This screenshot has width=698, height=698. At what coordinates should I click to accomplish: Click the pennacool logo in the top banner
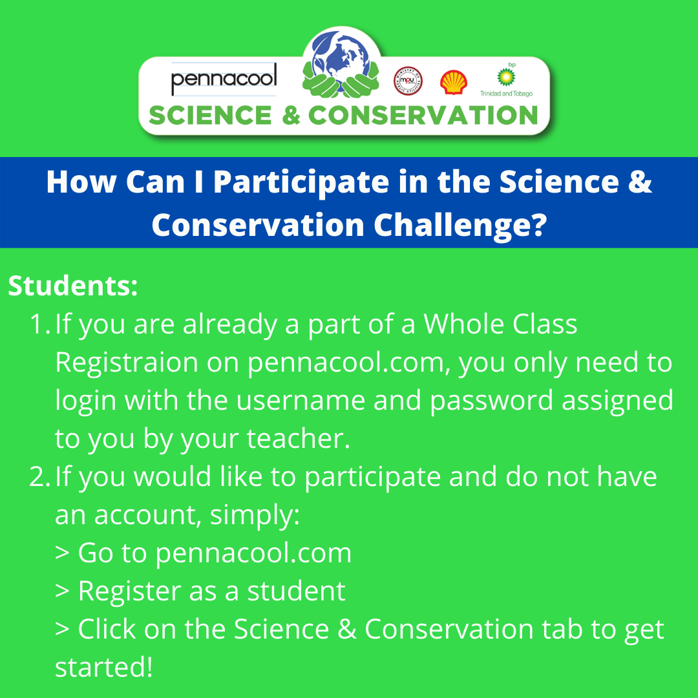coord(224,79)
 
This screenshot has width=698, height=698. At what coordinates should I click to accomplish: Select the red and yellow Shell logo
coord(453,83)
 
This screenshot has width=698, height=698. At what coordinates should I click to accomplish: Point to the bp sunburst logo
coord(506,76)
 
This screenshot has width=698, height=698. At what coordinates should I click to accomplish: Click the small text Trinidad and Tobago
coord(506,94)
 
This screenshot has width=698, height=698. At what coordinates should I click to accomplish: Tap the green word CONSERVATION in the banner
coord(423,116)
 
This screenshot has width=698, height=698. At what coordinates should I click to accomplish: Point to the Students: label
coord(73,286)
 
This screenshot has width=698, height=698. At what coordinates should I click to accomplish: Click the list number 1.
coord(39,324)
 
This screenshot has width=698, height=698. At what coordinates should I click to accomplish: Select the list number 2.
coord(39,477)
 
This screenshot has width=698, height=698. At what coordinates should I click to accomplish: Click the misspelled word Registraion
coord(126,363)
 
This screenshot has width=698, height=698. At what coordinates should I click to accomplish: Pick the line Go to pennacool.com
coord(204,553)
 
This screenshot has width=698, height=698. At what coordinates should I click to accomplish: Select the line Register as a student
coord(200,591)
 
